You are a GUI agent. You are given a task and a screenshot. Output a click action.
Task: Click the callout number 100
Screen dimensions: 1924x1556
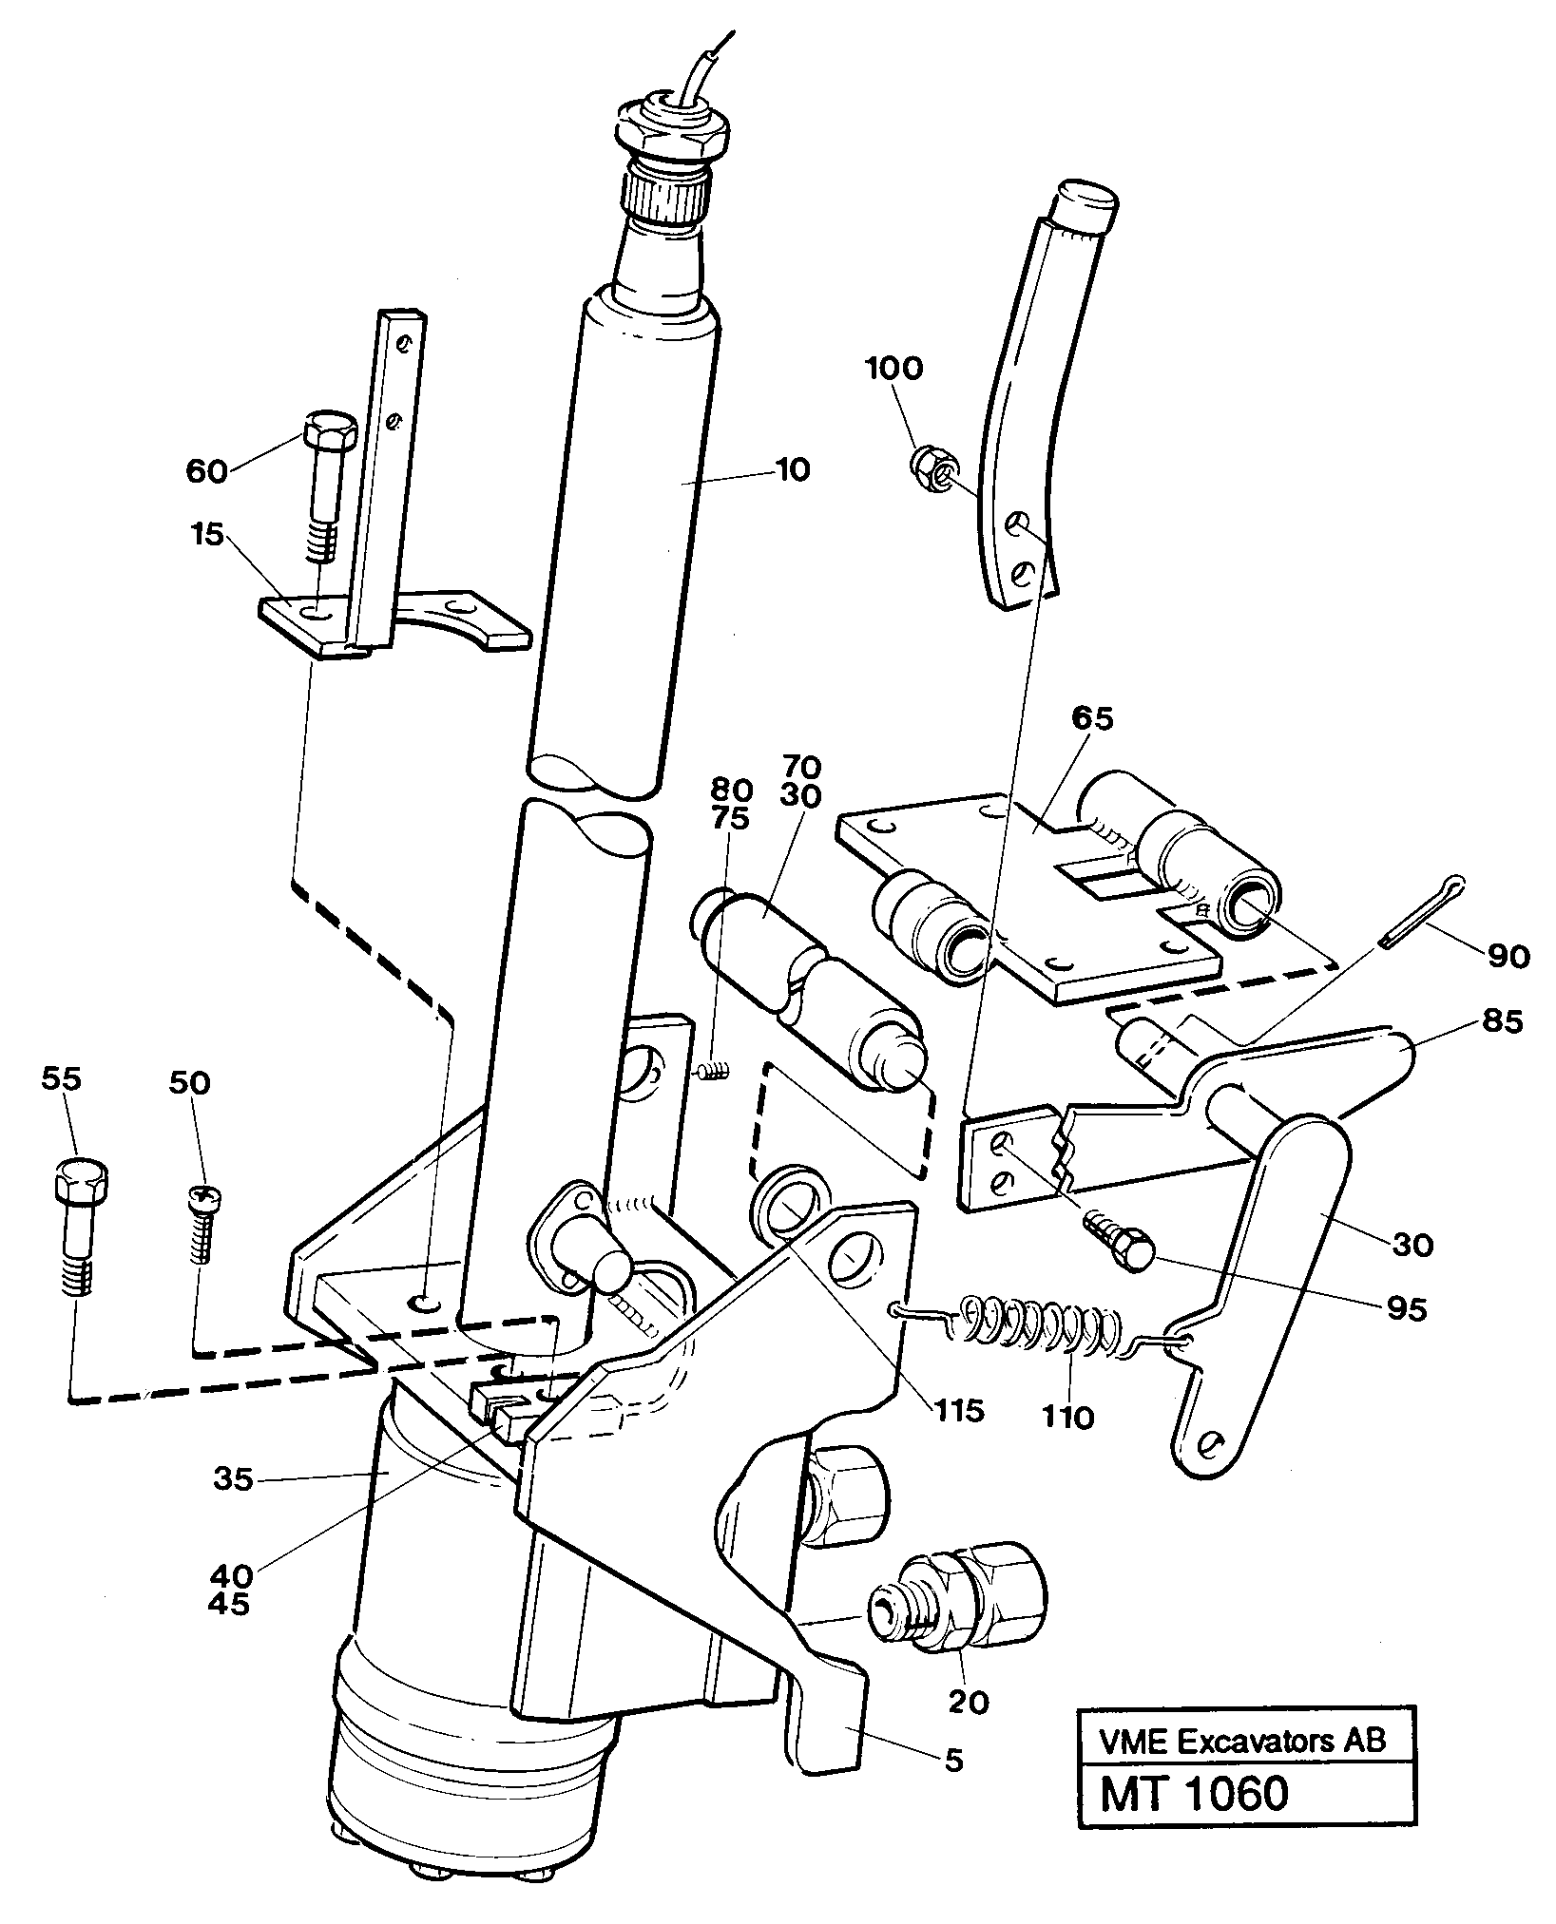894,368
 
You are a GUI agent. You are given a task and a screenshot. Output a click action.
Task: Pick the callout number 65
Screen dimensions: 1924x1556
1090,718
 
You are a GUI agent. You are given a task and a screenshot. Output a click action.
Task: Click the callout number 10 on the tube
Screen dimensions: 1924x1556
792,469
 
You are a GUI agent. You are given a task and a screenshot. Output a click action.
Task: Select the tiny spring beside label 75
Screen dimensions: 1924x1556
715,1072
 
